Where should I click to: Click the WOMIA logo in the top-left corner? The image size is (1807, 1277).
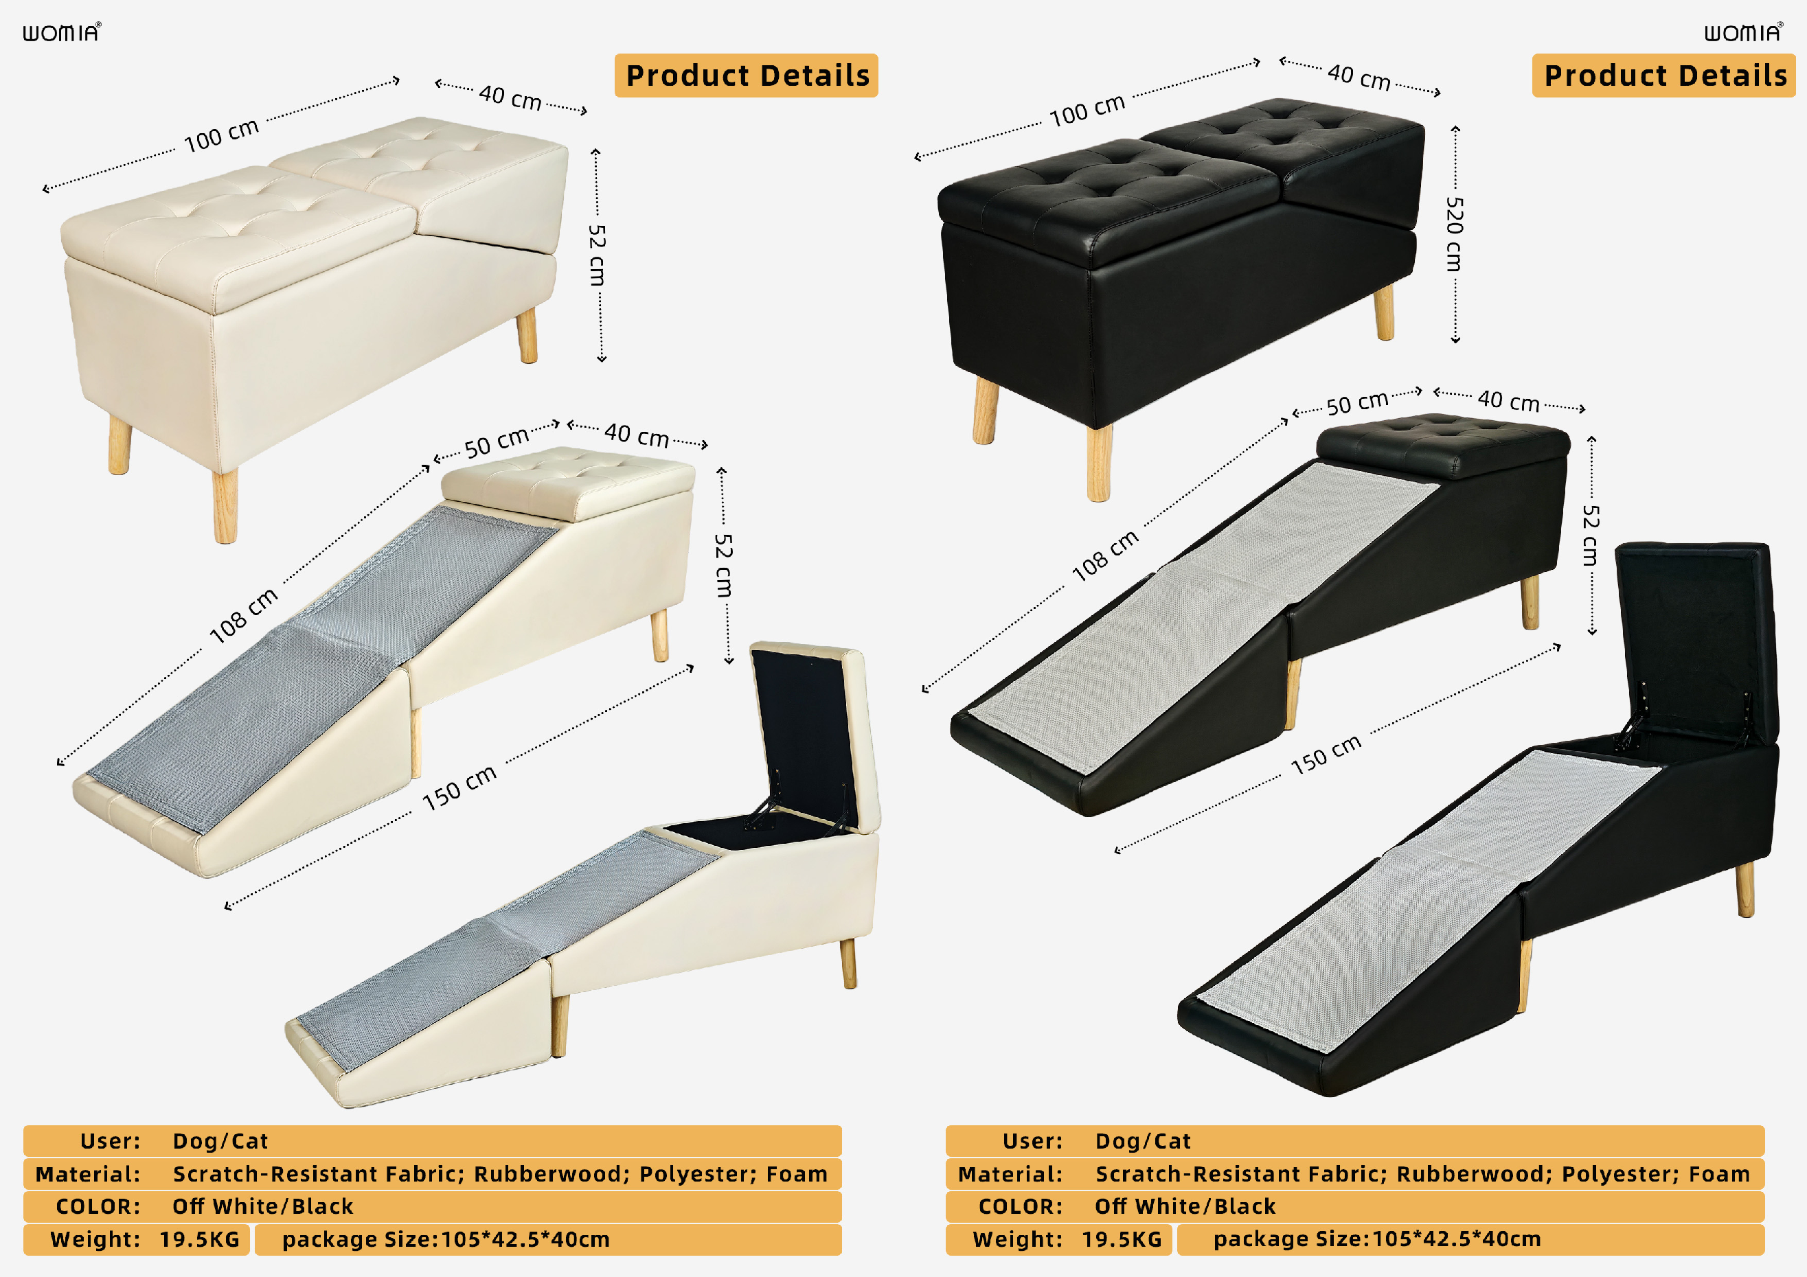(61, 32)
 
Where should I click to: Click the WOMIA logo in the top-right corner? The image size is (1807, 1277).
(1744, 32)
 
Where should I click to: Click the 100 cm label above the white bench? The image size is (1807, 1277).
(221, 135)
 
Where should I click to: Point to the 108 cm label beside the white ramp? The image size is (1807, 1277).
(244, 615)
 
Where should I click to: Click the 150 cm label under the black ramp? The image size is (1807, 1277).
(1326, 755)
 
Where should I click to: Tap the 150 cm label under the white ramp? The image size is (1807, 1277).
(459, 787)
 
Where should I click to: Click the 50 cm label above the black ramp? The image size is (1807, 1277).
(1357, 403)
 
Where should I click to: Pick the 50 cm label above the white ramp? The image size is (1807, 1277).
(496, 442)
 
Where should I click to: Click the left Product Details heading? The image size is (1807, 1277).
(747, 76)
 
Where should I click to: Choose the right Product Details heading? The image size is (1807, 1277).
(1666, 76)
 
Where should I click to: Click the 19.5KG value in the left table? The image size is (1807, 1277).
(200, 1239)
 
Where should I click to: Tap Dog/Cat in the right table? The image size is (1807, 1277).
(1143, 1141)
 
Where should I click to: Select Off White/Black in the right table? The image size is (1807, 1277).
(1185, 1206)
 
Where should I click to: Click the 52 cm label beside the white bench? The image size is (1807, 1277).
(597, 255)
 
